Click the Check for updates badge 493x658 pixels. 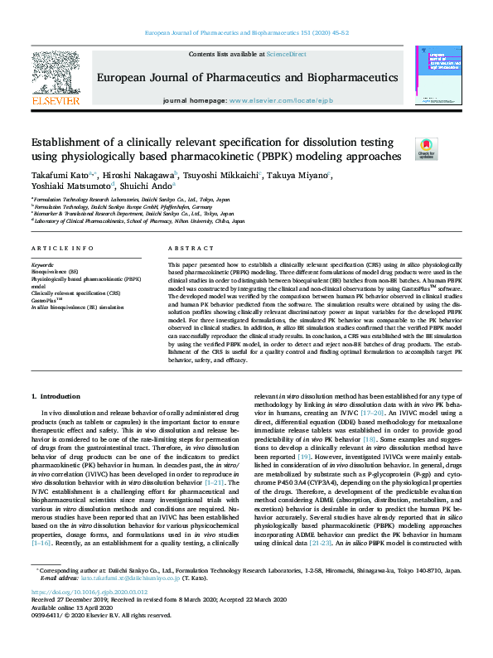(426, 149)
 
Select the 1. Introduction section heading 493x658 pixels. (56, 396)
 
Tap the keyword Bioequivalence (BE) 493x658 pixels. (55, 271)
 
